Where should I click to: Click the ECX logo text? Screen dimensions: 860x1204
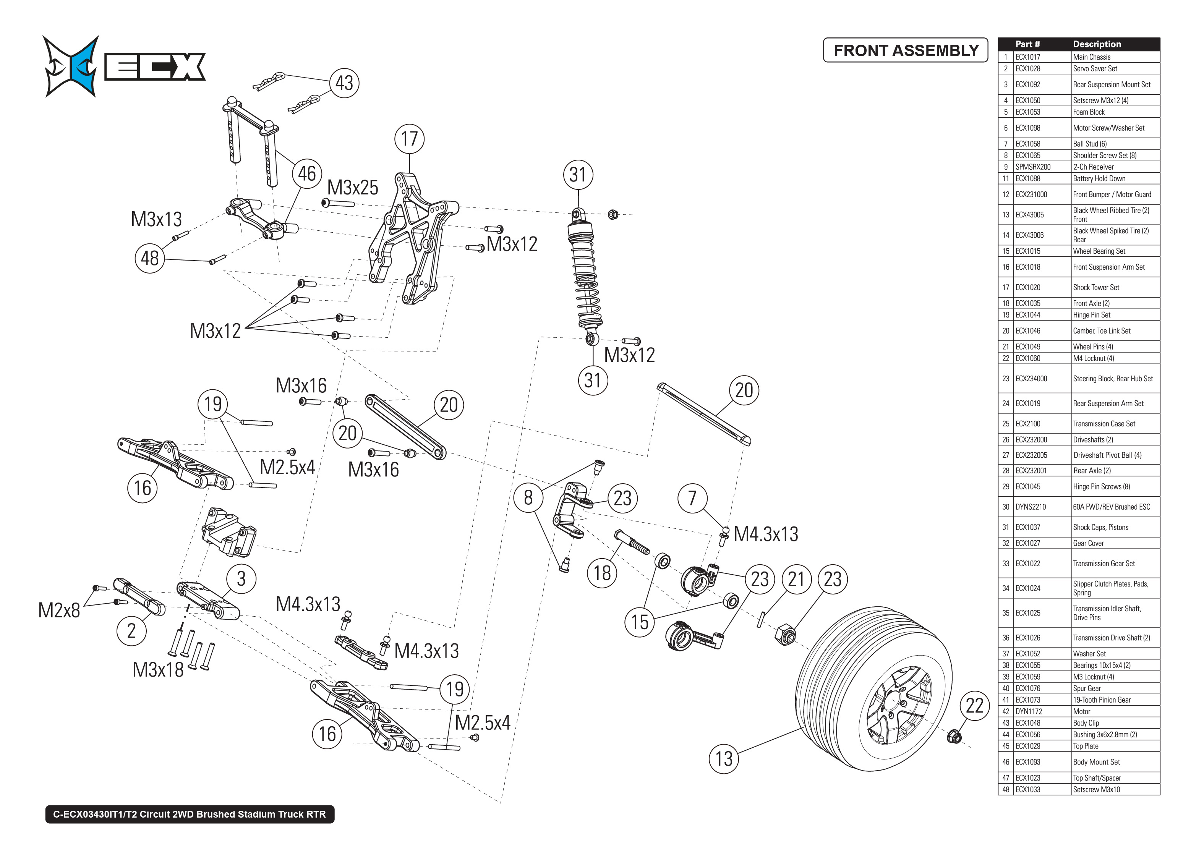[155, 67]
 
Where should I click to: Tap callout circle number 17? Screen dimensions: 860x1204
[409, 139]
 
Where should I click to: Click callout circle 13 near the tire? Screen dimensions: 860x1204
[723, 758]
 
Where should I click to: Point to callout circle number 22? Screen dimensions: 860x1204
[974, 705]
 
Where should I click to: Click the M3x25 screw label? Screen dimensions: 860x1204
[353, 188]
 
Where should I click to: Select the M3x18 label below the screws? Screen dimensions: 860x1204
[158, 669]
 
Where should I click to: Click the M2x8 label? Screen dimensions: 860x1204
[59, 610]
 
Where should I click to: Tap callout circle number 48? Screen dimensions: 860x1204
[150, 258]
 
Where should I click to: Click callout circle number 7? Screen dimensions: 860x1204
[692, 498]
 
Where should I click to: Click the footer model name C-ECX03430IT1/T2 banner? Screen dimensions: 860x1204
[190, 814]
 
